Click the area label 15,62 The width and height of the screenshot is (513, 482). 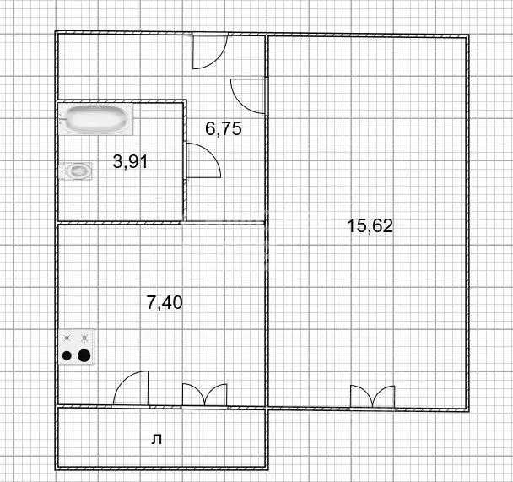pos(370,225)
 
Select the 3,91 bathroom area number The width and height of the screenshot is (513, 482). pos(130,161)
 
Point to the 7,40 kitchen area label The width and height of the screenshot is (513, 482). pos(165,301)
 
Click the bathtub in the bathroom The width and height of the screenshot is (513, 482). pos(98,120)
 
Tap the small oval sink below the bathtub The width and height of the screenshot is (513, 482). pos(78,171)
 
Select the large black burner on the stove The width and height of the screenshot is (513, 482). pos(84,355)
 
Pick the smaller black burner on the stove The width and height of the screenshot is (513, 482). pos(67,355)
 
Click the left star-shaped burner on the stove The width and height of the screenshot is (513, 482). pos(67,338)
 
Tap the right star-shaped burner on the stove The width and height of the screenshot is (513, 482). pos(84,338)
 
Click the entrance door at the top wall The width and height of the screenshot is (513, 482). pos(208,51)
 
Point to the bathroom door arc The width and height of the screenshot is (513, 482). pos(202,160)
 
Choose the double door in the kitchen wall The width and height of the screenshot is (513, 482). pos(204,395)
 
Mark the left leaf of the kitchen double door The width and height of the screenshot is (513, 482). pos(192,395)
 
